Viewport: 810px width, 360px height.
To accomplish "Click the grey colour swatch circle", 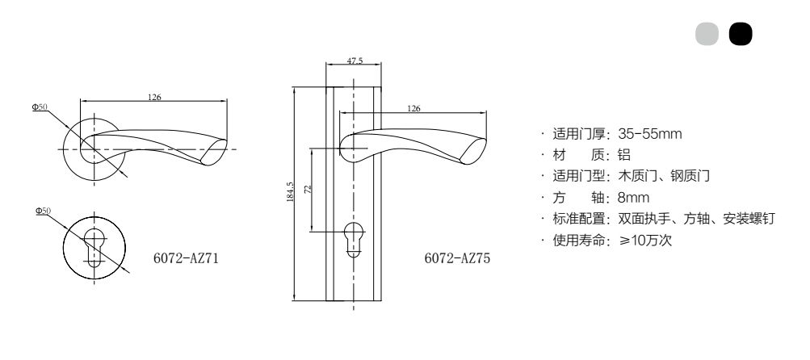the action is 707,34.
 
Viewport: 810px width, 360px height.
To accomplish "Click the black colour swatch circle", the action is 741,34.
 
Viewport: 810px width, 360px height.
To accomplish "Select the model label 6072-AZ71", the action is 186,257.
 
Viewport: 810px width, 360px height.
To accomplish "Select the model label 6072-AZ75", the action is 457,257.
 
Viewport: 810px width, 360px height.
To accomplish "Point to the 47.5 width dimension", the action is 355,61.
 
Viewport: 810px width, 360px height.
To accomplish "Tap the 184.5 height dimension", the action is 290,191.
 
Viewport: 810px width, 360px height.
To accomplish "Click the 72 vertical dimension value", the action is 308,190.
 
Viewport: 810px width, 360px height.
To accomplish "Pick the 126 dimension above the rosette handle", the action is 154,97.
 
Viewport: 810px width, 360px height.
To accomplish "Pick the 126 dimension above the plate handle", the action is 413,108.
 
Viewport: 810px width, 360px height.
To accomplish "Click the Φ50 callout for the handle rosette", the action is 40,107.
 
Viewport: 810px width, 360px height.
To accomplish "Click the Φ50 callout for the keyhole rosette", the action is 44,211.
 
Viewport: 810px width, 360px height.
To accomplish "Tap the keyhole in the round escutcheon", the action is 94,246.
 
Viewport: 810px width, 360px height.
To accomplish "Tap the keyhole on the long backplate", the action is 354,239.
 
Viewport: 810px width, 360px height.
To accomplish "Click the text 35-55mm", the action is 650,134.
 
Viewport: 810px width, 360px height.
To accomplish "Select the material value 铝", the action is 624,155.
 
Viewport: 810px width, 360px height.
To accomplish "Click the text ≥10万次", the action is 645,241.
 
